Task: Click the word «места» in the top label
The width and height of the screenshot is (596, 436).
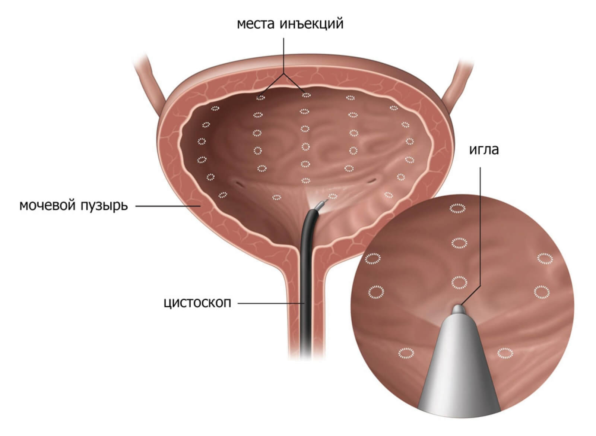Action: pos(256,24)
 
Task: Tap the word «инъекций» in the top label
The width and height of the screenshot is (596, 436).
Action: pos(311,24)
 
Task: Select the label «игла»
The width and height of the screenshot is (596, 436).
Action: pos(484,150)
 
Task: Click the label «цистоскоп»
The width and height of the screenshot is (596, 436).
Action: pos(197,303)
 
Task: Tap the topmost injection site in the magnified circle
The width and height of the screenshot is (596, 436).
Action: pos(457,208)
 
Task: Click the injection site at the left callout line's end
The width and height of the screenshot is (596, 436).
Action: pos(260,98)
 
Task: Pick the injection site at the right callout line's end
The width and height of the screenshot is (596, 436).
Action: pos(306,95)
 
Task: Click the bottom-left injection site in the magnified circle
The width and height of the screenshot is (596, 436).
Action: pos(406,353)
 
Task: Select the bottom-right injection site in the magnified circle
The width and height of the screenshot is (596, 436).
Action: pos(505,353)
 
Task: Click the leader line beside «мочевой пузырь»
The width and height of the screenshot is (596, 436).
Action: pos(168,206)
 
